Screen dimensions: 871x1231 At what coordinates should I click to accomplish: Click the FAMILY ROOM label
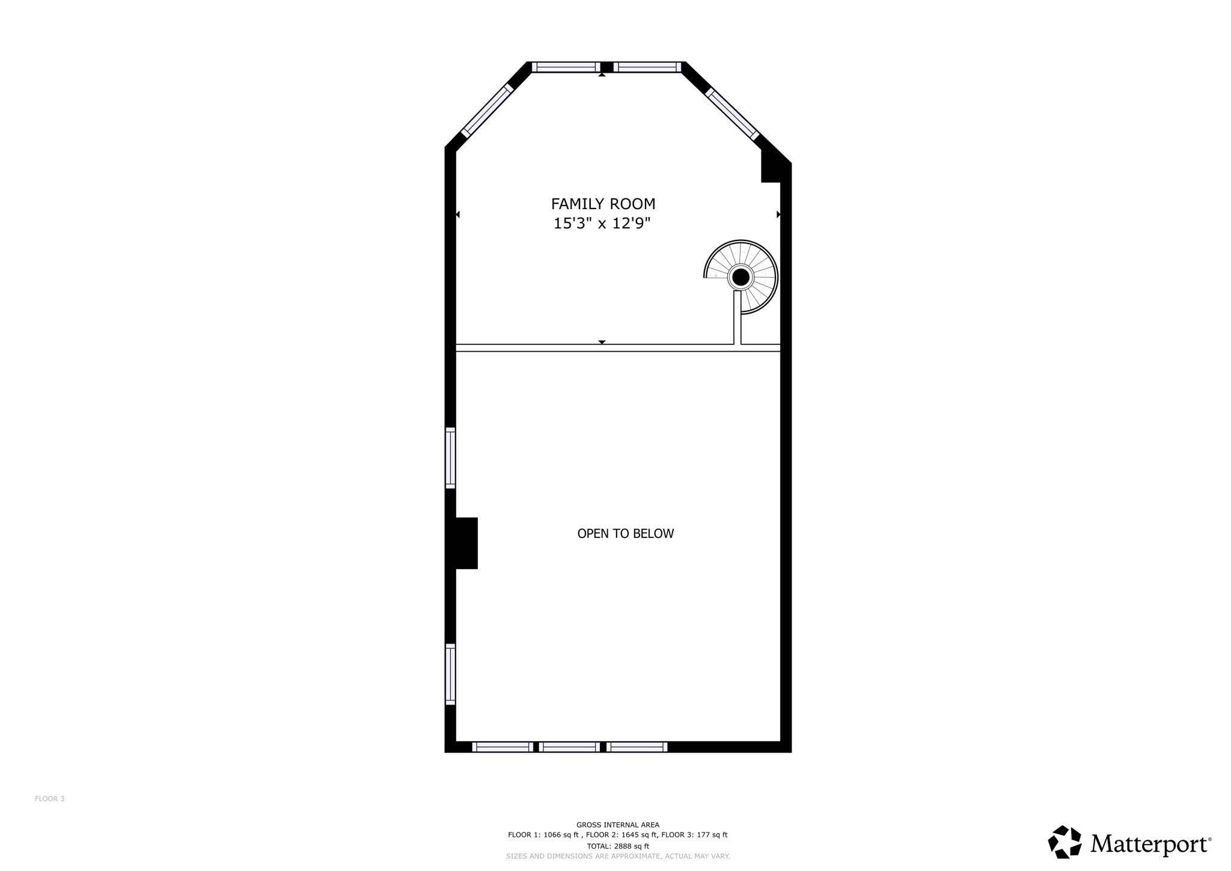tap(603, 204)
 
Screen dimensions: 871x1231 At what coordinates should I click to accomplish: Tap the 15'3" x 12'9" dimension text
tap(602, 224)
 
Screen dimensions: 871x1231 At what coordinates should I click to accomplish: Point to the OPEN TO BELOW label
tap(625, 534)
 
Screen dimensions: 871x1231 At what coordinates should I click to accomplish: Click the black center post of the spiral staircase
tap(741, 277)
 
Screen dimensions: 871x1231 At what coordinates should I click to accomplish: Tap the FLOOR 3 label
tap(49, 799)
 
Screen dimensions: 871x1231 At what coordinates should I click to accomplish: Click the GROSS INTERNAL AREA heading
tap(617, 825)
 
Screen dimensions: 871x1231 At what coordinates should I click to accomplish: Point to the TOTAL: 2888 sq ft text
tap(617, 846)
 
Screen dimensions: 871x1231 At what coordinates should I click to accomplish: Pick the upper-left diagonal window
tap(487, 111)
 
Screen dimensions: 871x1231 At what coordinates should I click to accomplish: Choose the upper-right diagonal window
tap(732, 114)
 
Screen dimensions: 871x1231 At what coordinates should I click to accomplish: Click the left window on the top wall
tap(566, 67)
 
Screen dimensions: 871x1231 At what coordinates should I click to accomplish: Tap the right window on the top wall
tap(647, 67)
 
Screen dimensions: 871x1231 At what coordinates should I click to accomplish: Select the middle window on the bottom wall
tap(569, 747)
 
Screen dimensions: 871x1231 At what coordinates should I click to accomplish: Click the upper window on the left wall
tap(450, 457)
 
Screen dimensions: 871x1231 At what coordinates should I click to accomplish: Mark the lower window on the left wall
tap(450, 674)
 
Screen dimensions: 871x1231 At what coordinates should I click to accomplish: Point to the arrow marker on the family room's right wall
tap(778, 215)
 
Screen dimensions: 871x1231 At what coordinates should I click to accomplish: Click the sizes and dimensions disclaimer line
tap(617, 856)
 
